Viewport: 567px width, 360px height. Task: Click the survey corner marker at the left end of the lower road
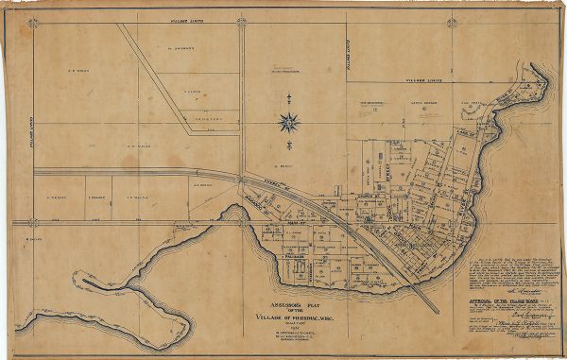click(31, 223)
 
